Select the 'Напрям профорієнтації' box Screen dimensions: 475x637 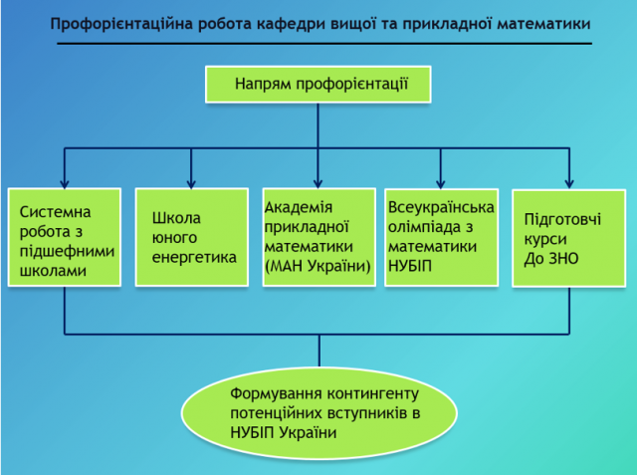319,84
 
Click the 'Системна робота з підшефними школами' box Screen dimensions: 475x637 65,237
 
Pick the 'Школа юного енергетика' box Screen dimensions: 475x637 191,237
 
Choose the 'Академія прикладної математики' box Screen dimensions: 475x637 318,237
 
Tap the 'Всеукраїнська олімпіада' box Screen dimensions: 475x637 441,237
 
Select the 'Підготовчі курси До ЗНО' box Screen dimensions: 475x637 568,237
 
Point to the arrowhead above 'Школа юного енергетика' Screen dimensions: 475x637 192,181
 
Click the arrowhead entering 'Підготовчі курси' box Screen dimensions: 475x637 569,181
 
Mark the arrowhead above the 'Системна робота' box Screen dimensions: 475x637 65,181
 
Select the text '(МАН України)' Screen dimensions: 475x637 318,266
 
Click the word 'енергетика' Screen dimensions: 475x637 194,257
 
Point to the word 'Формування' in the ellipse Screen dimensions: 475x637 274,391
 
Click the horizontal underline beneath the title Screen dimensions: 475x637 319,44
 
